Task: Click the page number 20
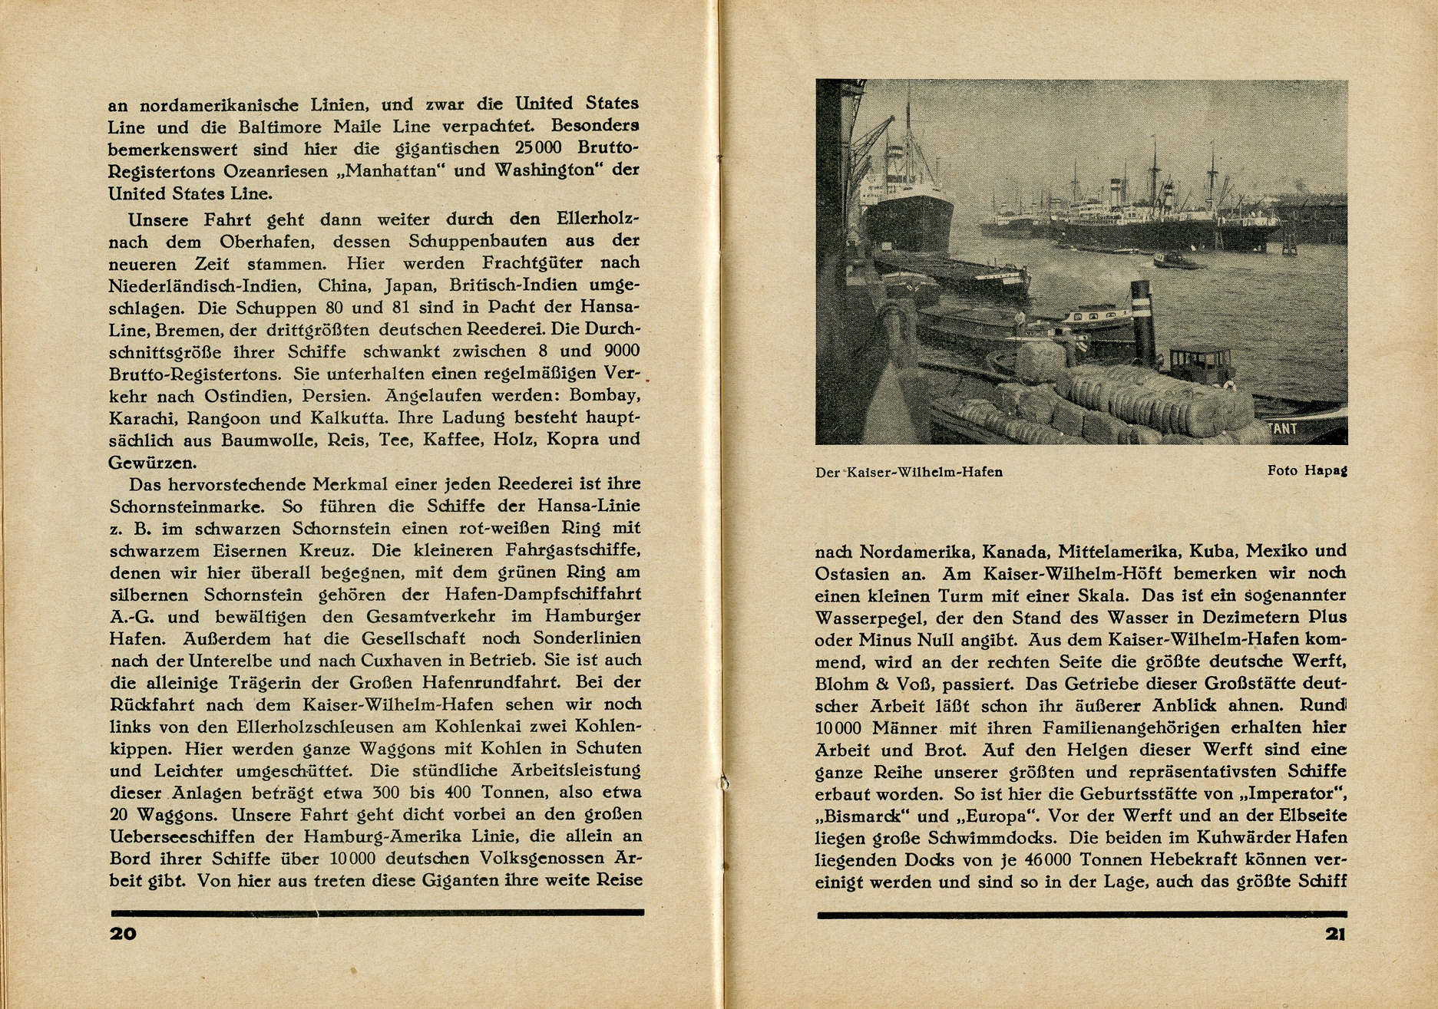[x=123, y=934]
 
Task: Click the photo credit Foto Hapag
[x=1307, y=470]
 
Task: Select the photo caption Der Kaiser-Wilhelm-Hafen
[x=909, y=472]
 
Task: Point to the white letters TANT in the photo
[x=1285, y=429]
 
